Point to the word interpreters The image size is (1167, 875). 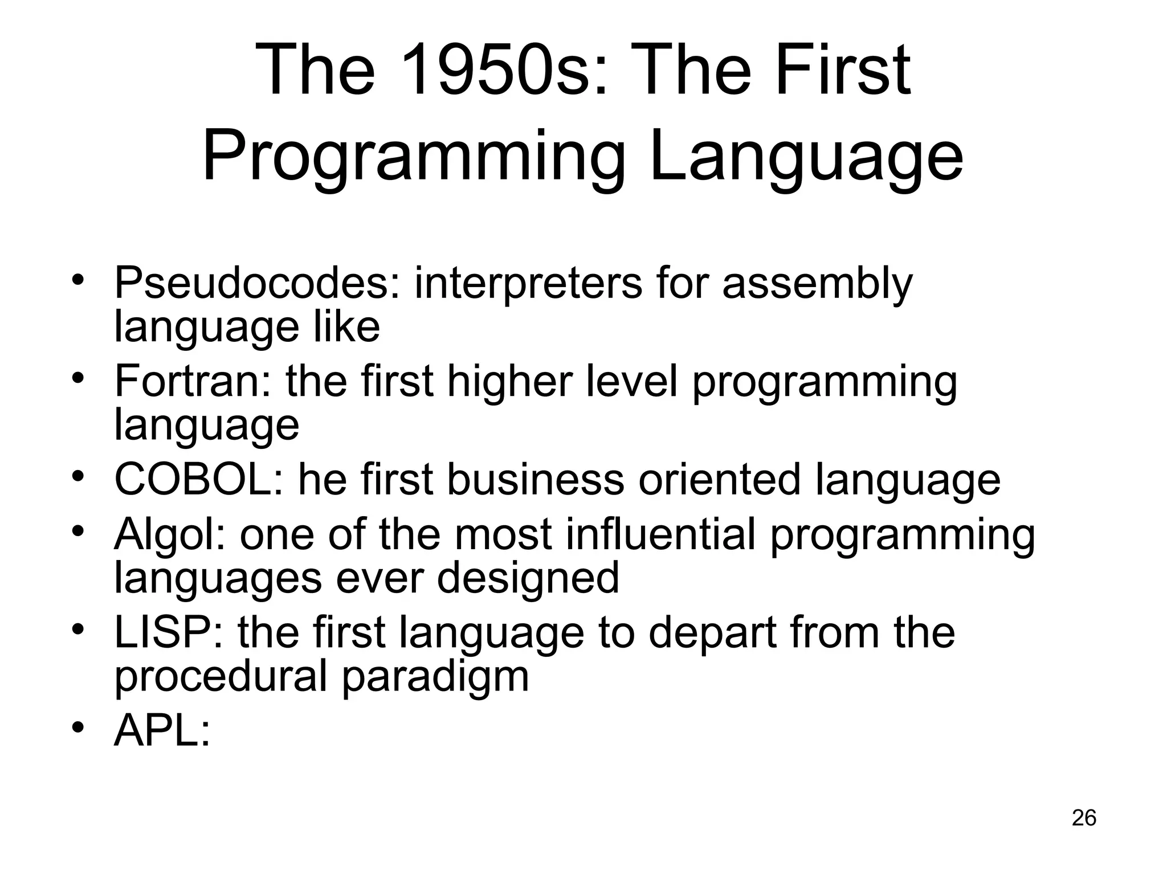(528, 283)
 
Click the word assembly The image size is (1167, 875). (817, 283)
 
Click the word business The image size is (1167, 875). (536, 480)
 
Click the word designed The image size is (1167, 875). (528, 578)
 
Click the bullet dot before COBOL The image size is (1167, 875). (79, 475)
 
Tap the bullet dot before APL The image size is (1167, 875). (79, 727)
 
